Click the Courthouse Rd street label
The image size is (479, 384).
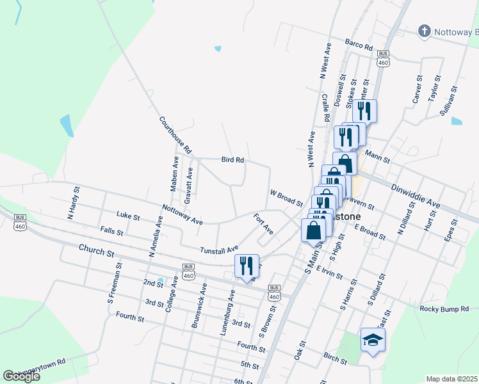(x=175, y=134)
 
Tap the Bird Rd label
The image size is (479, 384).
(x=232, y=159)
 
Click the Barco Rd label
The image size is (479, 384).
(x=359, y=46)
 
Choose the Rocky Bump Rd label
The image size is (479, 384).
(x=446, y=309)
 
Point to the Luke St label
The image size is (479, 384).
(x=129, y=217)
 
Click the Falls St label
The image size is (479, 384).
(x=111, y=230)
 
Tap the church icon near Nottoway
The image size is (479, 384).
(x=424, y=31)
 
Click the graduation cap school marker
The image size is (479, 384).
(x=373, y=339)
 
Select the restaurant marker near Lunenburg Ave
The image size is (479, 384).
(x=247, y=266)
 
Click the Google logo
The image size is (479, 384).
(x=22, y=376)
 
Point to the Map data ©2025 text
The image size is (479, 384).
(x=451, y=379)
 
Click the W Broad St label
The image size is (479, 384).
(x=286, y=198)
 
